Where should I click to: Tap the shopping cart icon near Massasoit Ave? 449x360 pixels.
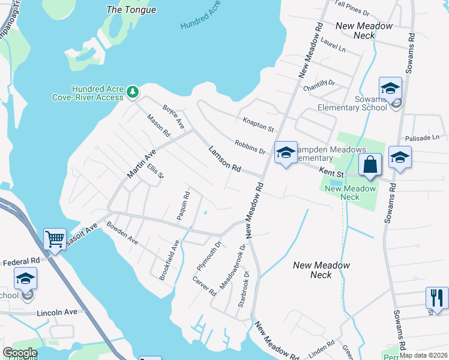tap(55, 239)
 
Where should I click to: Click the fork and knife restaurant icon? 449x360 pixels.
tap(436, 297)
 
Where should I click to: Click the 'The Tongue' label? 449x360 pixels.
tap(131, 10)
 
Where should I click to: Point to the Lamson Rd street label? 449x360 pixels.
tap(224, 160)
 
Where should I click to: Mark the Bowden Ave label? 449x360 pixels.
tap(122, 233)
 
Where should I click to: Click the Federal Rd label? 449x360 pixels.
tap(21, 262)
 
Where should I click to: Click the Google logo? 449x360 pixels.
tap(20, 353)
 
